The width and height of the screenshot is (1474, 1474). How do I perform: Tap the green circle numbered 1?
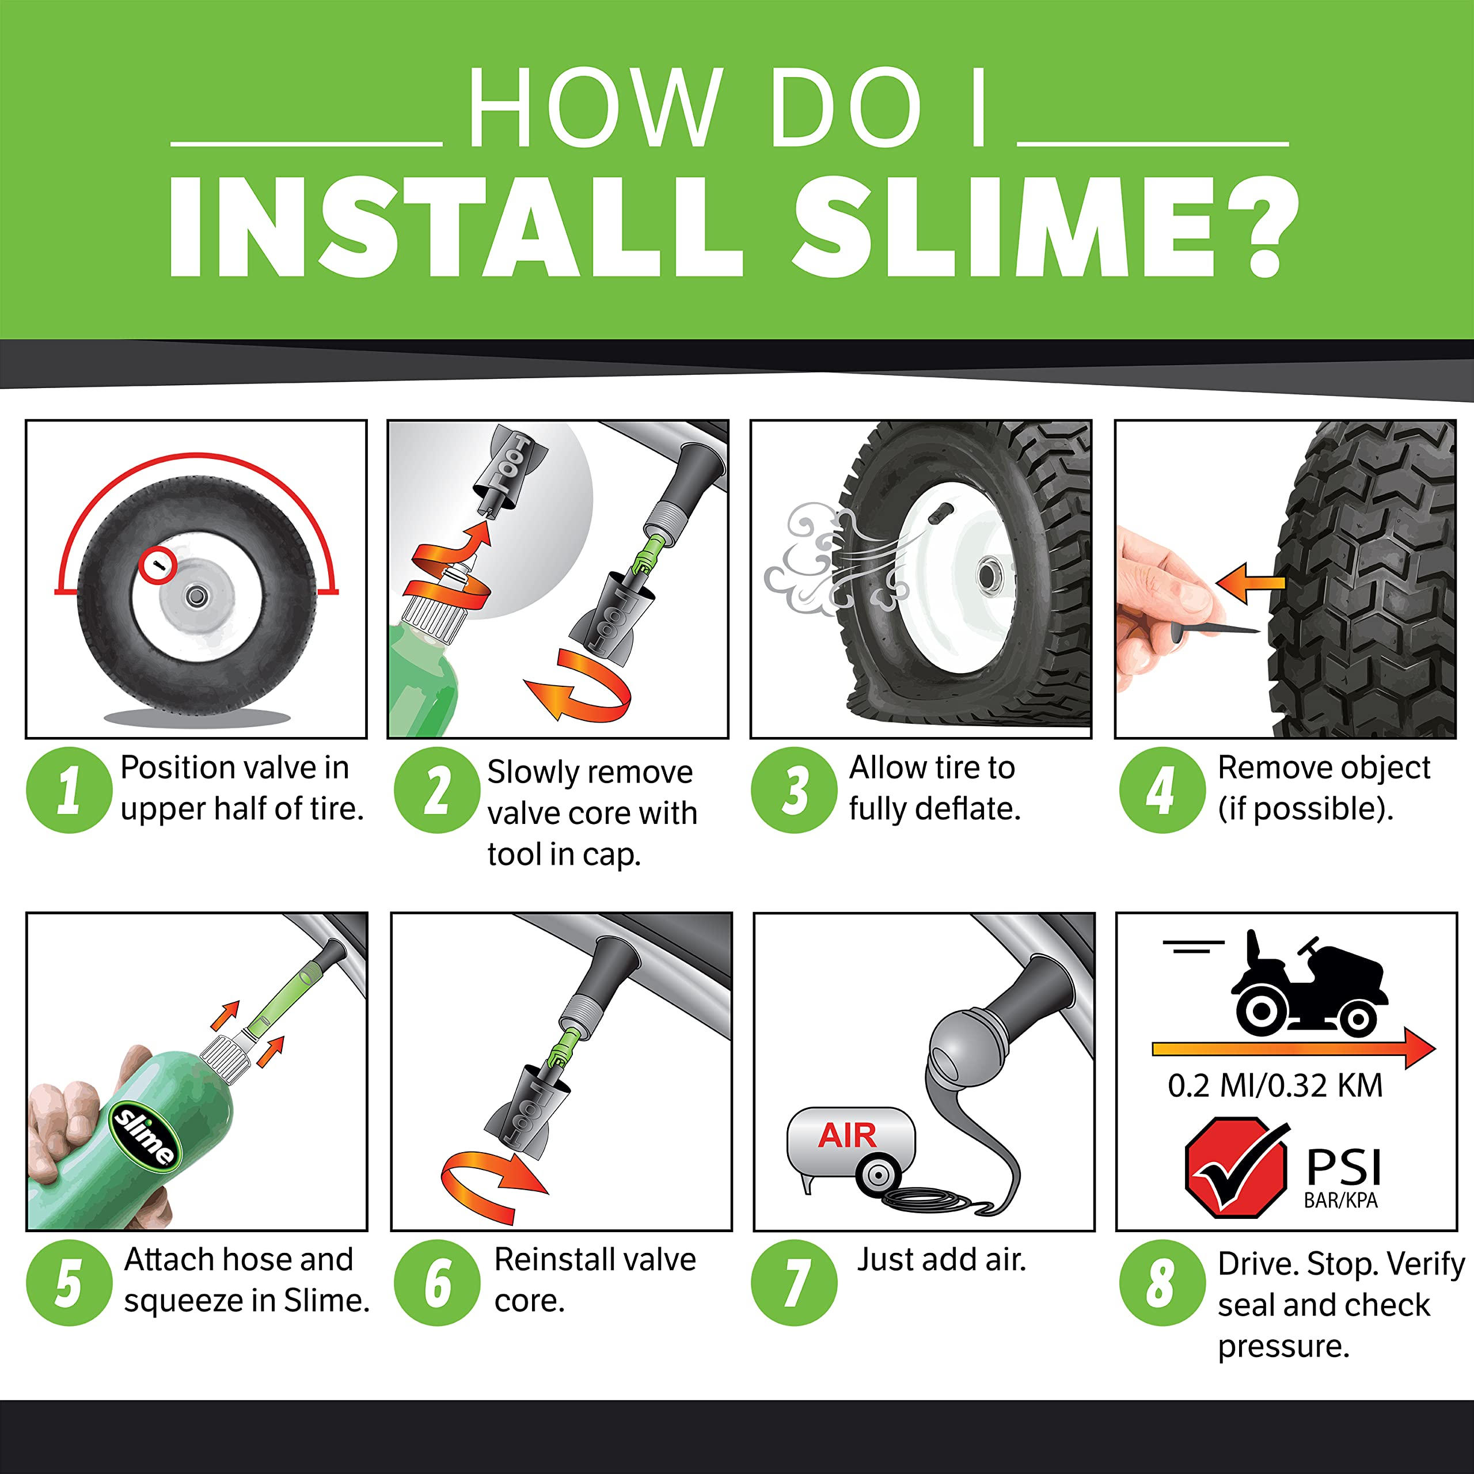coord(69,791)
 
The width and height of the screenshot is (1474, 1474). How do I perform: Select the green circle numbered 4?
coord(1161,791)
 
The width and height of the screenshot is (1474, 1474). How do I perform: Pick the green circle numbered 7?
coord(794,1283)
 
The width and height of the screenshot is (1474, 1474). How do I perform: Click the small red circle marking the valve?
coord(158,565)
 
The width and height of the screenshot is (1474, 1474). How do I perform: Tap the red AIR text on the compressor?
coord(847,1136)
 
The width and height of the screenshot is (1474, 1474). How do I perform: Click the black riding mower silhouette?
coord(1308,984)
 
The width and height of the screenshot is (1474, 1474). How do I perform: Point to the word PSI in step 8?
coord(1343,1167)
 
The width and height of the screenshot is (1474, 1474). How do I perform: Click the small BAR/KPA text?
coord(1340,1201)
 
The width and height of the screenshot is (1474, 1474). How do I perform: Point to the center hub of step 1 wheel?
coord(197,596)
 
